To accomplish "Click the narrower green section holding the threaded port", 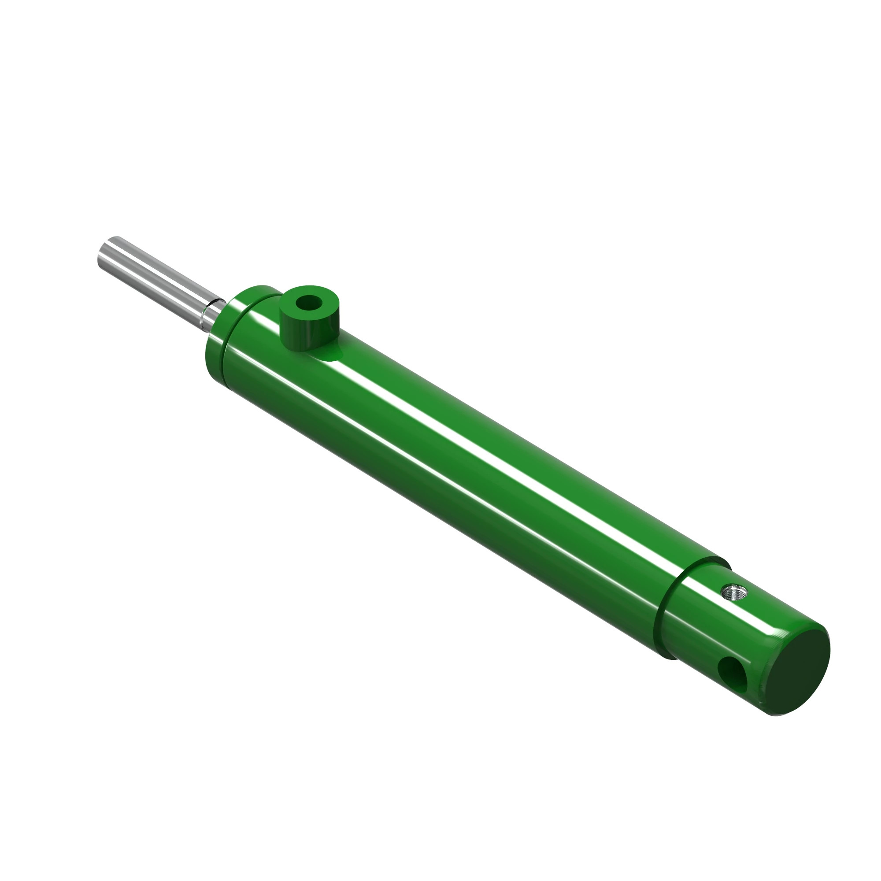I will click(711, 629).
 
